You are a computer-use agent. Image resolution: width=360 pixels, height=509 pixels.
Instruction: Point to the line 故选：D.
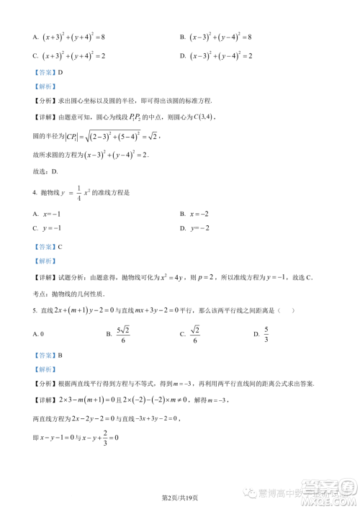point(45,171)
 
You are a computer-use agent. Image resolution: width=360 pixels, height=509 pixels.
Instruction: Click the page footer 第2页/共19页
point(179,497)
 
